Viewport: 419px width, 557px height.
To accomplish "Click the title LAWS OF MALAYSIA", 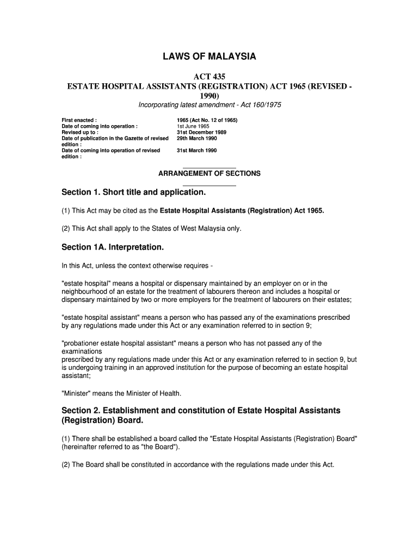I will point(209,57).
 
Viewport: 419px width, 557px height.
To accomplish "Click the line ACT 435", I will point(209,77).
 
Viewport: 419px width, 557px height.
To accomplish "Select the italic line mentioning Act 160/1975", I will point(209,104).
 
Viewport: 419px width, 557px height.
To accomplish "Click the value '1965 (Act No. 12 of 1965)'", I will point(207,120).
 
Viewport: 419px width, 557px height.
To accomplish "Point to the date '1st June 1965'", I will point(193,126).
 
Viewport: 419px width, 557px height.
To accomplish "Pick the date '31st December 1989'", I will point(201,132).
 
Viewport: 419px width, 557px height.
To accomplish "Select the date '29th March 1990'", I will point(196,138).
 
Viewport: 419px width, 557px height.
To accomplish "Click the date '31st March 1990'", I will point(196,150).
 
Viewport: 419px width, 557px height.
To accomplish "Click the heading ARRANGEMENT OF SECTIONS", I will point(209,174).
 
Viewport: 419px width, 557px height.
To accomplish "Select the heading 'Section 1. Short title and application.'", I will point(134,193).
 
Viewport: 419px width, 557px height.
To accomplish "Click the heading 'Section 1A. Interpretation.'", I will point(113,247).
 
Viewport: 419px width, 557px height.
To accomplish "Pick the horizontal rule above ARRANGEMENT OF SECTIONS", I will point(209,168).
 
